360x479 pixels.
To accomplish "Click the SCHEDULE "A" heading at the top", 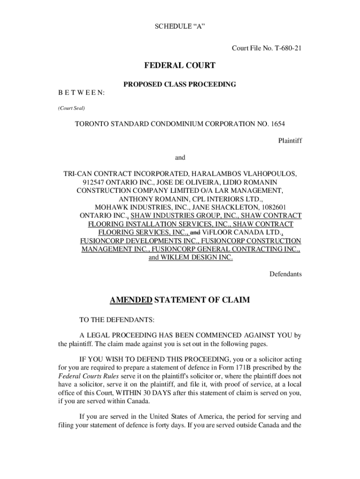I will pos(180,27).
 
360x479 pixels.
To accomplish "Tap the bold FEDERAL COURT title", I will pos(180,66).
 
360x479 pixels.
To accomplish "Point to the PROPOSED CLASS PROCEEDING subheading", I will pos(180,85).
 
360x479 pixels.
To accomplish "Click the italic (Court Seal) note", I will pos(72,108).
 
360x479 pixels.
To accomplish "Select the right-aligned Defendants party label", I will pos(285,274).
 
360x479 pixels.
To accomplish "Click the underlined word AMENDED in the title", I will pos(131,300).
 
